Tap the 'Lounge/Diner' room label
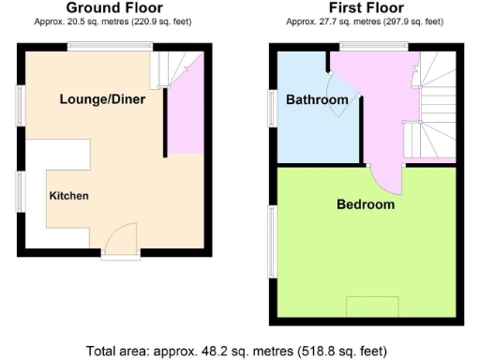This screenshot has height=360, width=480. click(102, 99)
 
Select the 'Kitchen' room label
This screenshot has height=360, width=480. click(68, 196)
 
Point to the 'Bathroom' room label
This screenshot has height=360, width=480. click(316, 100)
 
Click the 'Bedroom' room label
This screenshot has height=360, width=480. click(366, 204)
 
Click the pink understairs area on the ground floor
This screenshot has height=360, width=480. click(185, 117)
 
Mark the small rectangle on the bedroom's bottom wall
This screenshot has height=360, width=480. click(372, 307)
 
